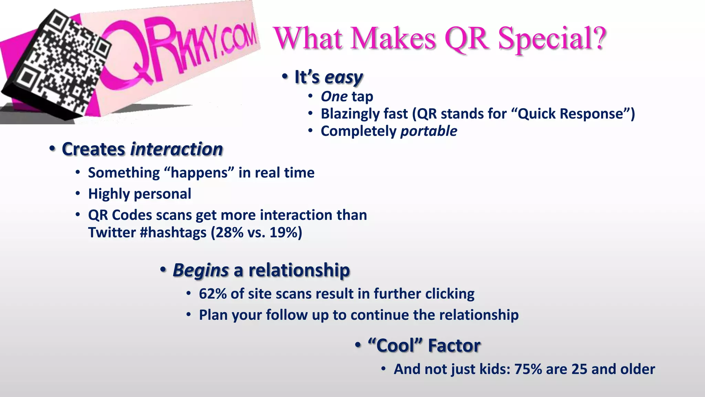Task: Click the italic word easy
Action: pyautogui.click(x=343, y=77)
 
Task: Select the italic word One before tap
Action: pyautogui.click(x=334, y=96)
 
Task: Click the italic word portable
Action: pyautogui.click(x=429, y=131)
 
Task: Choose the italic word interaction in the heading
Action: pyautogui.click(x=177, y=149)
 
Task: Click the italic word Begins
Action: pyautogui.click(x=201, y=270)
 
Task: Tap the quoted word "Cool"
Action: pyautogui.click(x=395, y=345)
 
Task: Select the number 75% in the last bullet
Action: pyautogui.click(x=528, y=369)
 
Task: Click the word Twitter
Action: pyautogui.click(x=112, y=233)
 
